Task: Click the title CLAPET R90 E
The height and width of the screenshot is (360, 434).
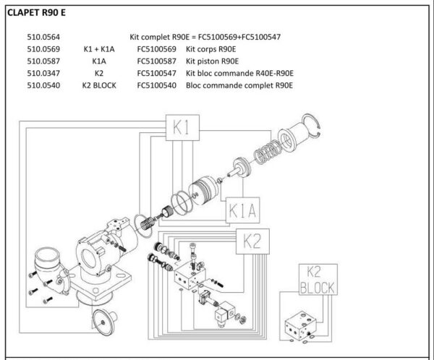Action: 36,13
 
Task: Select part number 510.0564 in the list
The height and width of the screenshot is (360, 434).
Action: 43,37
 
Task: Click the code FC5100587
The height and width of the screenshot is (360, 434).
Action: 157,61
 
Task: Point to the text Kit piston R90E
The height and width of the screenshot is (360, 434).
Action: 212,61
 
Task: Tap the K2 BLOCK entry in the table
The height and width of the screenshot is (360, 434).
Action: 99,85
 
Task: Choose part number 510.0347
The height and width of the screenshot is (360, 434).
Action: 43,73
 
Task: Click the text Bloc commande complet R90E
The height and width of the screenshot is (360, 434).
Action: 239,85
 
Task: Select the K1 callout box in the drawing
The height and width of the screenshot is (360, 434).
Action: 182,128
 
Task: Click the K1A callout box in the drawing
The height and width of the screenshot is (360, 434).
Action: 243,210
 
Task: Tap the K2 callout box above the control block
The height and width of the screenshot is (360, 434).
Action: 252,241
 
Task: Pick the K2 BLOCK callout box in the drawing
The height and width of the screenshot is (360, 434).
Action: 318,280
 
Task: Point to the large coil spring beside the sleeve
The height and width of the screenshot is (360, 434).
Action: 268,153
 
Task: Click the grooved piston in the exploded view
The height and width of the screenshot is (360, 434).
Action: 203,191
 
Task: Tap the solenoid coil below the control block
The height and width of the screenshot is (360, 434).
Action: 225,314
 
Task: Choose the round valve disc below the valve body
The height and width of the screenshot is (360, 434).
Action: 105,322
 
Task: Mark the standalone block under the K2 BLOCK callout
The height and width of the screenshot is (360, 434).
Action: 301,326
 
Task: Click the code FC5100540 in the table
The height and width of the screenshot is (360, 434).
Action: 157,85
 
